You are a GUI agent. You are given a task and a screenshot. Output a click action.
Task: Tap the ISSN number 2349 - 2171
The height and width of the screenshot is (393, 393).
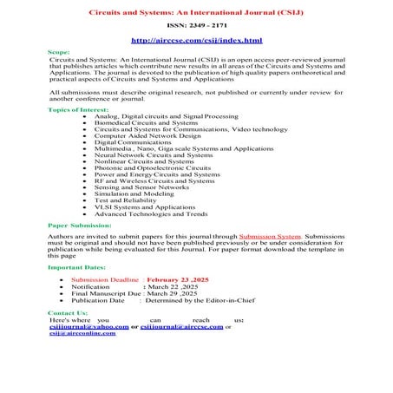click(x=195, y=27)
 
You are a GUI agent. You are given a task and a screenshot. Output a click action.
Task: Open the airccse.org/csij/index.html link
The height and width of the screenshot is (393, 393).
click(x=195, y=41)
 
